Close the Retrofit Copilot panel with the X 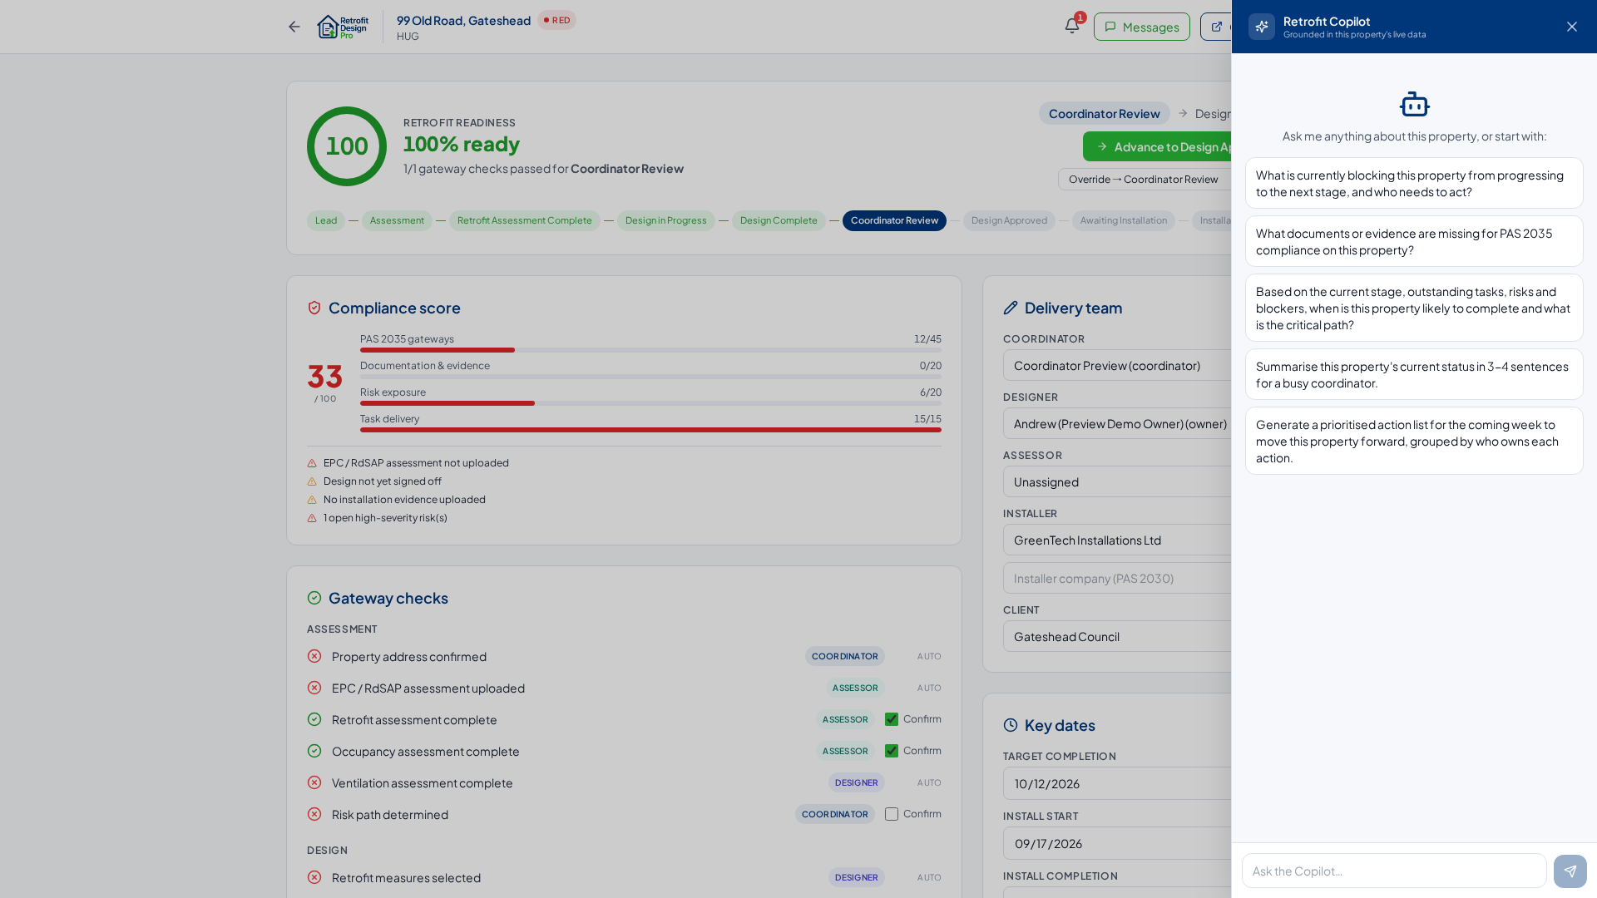pyautogui.click(x=1572, y=27)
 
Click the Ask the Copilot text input pyautogui.click(x=1394, y=871)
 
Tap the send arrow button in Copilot pyautogui.click(x=1570, y=871)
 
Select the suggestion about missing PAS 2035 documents pyautogui.click(x=1414, y=241)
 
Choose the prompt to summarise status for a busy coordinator pyautogui.click(x=1414, y=374)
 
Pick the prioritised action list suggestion pyautogui.click(x=1414, y=441)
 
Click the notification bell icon pyautogui.click(x=1072, y=27)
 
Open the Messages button pyautogui.click(x=1141, y=27)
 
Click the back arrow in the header pyautogui.click(x=294, y=27)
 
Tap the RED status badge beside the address pyautogui.click(x=556, y=20)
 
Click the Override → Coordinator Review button pyautogui.click(x=1144, y=179)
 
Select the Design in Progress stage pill pyautogui.click(x=665, y=220)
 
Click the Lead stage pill pyautogui.click(x=326, y=220)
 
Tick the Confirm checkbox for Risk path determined pyautogui.click(x=892, y=814)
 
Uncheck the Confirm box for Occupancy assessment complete pyautogui.click(x=892, y=751)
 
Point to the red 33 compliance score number pyautogui.click(x=325, y=377)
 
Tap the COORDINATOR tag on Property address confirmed pyautogui.click(x=844, y=656)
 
